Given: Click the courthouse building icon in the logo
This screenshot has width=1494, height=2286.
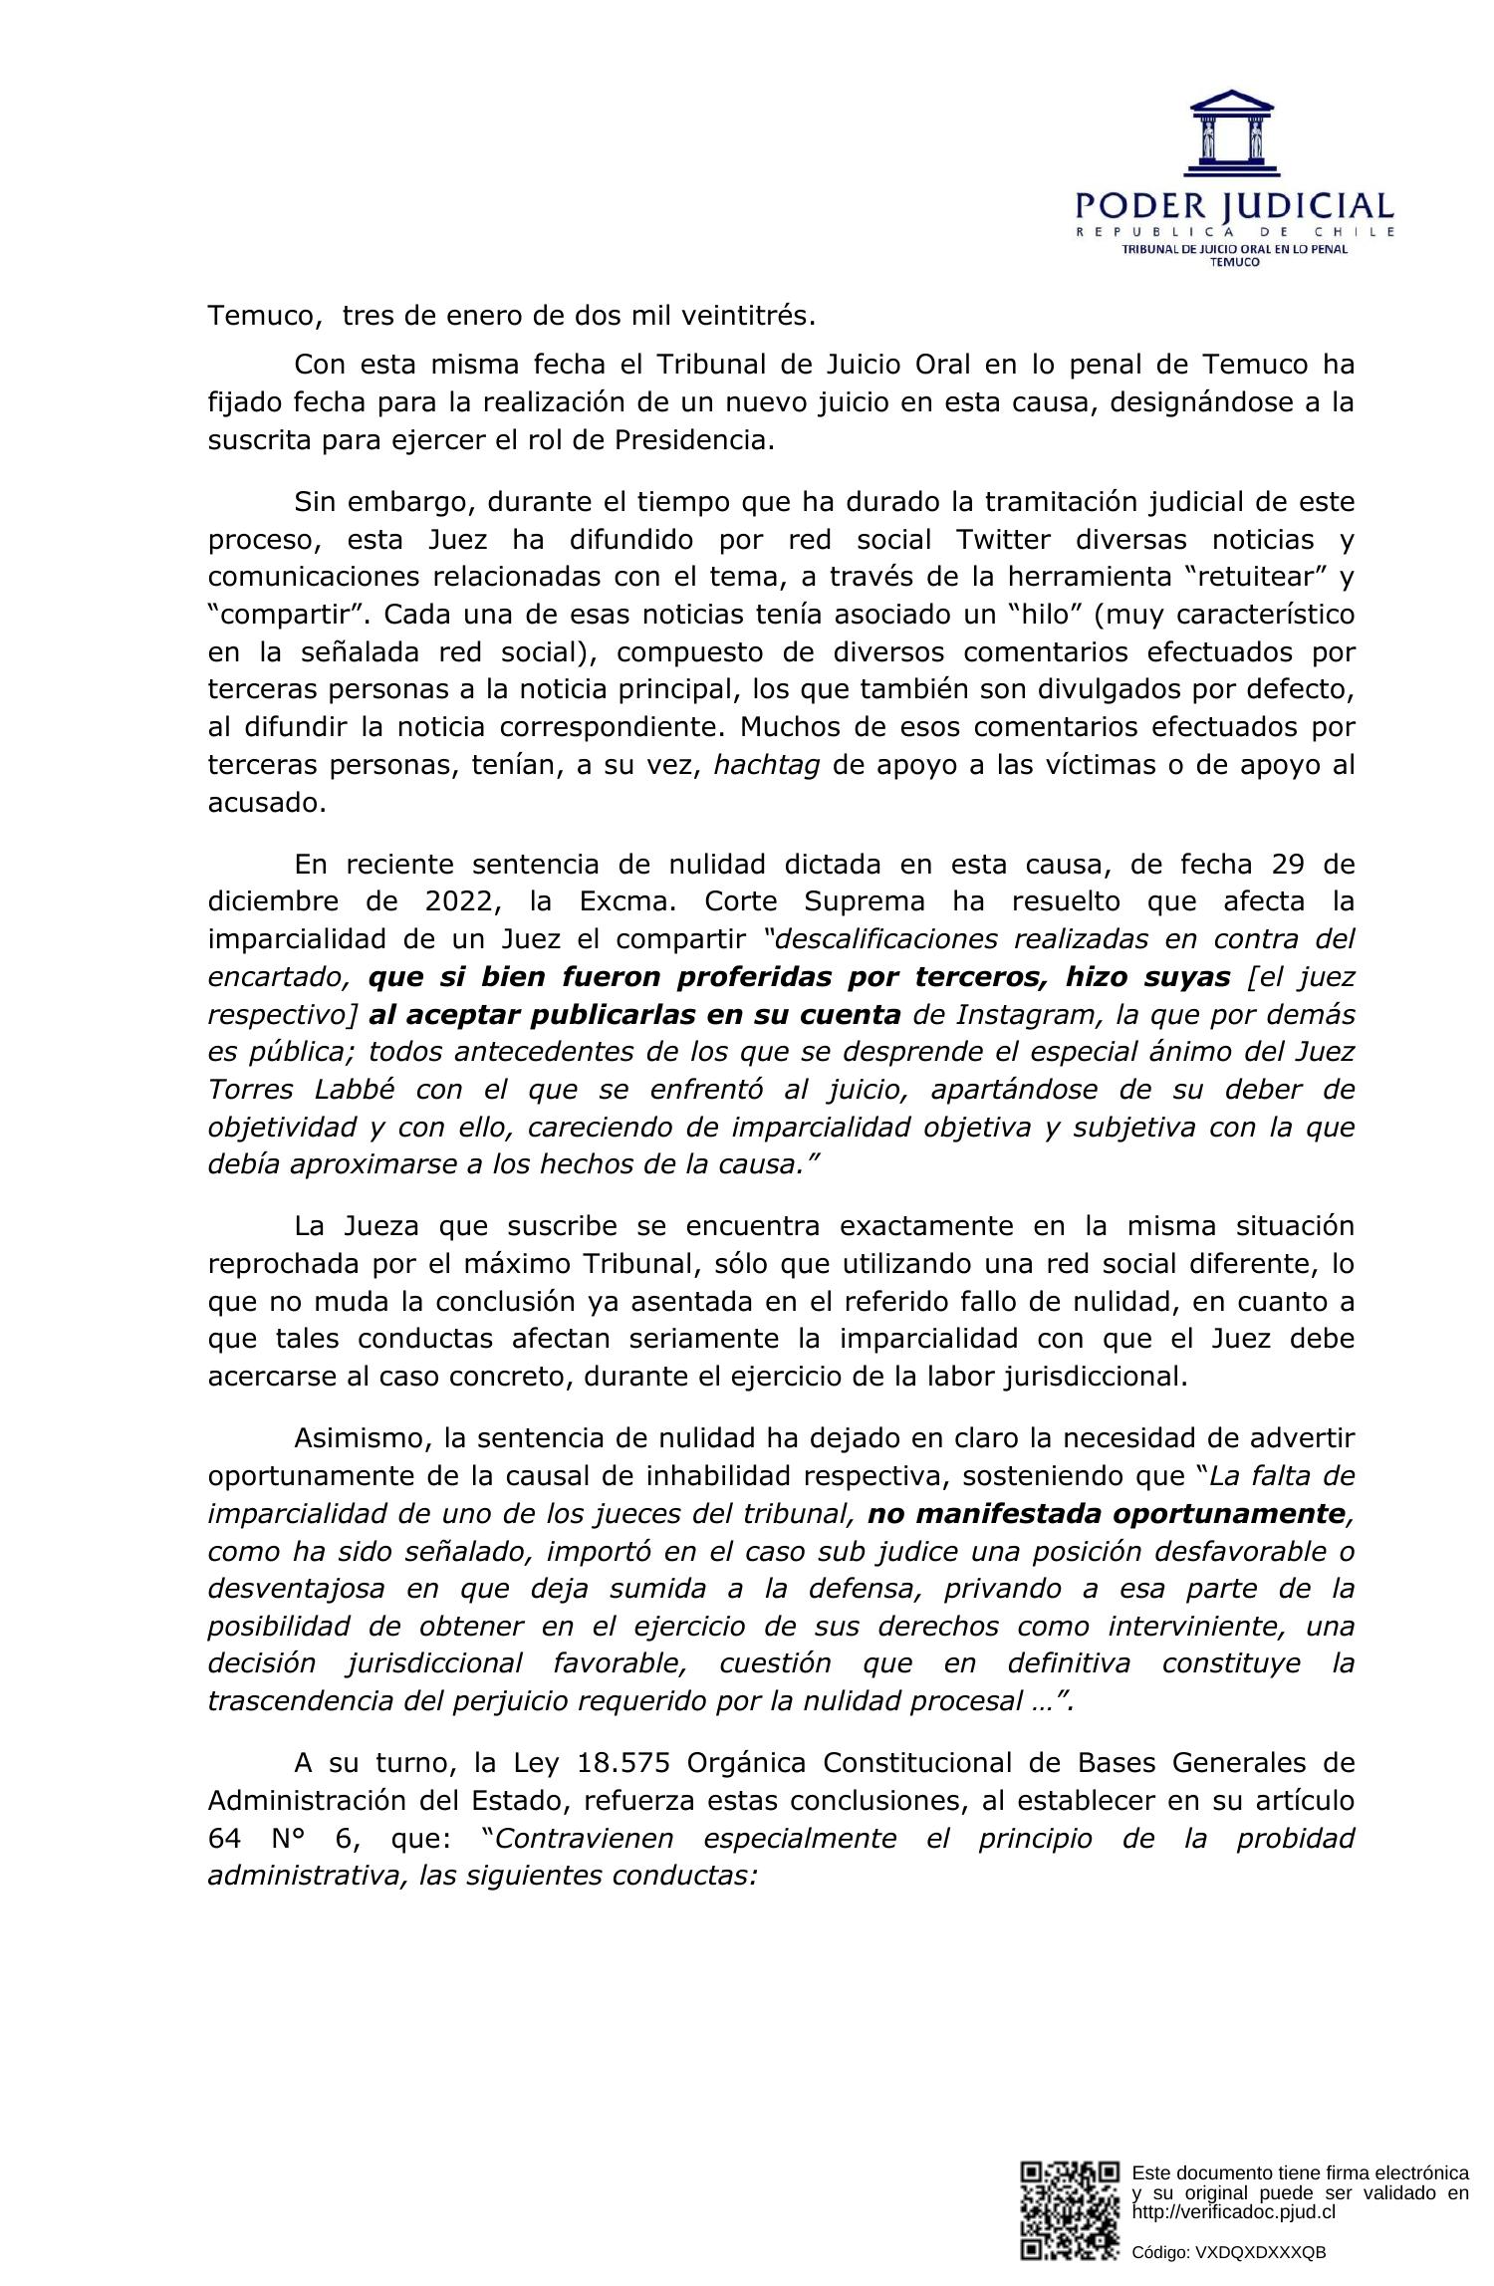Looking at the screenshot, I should [1233, 133].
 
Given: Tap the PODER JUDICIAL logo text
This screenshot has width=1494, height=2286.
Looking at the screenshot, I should [1234, 207].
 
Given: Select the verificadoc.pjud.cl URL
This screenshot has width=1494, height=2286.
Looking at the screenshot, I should [1233, 2212].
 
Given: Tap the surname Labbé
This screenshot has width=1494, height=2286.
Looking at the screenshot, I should [357, 1089].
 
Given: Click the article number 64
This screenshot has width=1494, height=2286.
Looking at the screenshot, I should [226, 1838].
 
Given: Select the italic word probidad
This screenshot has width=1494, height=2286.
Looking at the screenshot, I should [1295, 1838].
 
